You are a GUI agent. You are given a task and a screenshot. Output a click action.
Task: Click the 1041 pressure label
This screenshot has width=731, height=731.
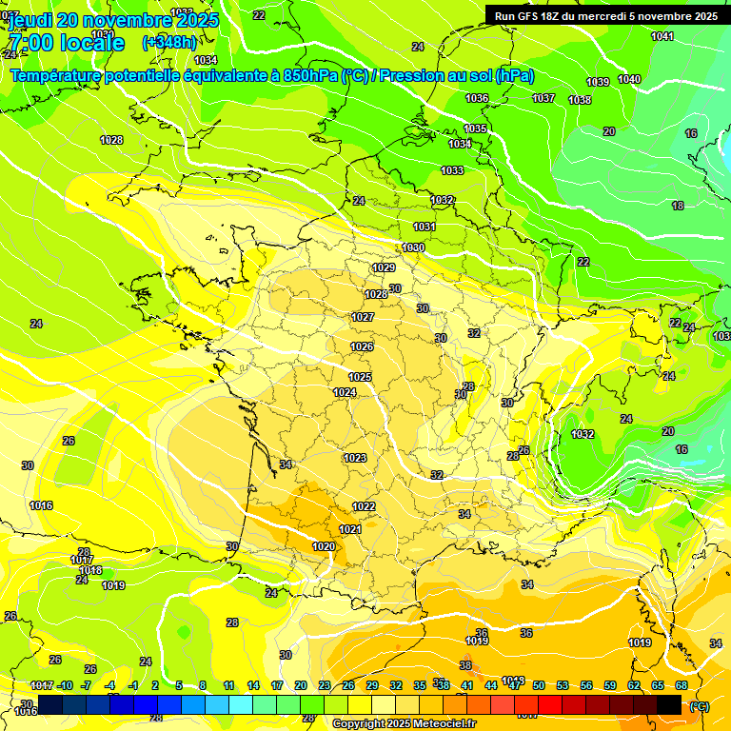pyautogui.click(x=662, y=36)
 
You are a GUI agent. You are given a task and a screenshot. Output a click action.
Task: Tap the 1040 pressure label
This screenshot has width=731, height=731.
pyautogui.click(x=628, y=79)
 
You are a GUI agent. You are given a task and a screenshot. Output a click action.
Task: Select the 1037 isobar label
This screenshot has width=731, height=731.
pyautogui.click(x=543, y=98)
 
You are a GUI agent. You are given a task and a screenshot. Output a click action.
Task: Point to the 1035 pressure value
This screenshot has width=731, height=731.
pyautogui.click(x=475, y=128)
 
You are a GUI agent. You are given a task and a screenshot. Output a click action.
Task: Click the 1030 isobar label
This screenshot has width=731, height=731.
pyautogui.click(x=412, y=247)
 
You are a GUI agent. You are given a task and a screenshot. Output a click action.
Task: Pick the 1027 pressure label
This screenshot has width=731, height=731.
pyautogui.click(x=363, y=317)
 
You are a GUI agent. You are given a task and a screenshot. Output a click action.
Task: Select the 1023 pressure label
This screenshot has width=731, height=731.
pyautogui.click(x=355, y=458)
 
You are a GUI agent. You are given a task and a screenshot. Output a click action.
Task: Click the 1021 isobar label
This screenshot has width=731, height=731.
pyautogui.click(x=349, y=529)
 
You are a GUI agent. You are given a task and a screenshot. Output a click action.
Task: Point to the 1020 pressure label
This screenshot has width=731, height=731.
pyautogui.click(x=324, y=546)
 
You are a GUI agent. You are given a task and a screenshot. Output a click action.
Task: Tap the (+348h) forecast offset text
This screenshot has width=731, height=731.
pyautogui.click(x=168, y=43)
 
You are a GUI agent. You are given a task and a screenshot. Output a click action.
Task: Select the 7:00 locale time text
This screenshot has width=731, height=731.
pyautogui.click(x=66, y=44)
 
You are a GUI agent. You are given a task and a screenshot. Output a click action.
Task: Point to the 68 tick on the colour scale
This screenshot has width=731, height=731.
pyautogui.click(x=682, y=685)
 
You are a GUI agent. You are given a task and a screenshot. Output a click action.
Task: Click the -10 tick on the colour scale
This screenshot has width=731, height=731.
pyautogui.click(x=66, y=685)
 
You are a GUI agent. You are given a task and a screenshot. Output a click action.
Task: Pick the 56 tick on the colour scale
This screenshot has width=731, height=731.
pyautogui.click(x=586, y=685)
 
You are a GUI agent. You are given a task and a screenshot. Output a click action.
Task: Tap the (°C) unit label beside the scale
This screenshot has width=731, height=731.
pyautogui.click(x=699, y=705)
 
